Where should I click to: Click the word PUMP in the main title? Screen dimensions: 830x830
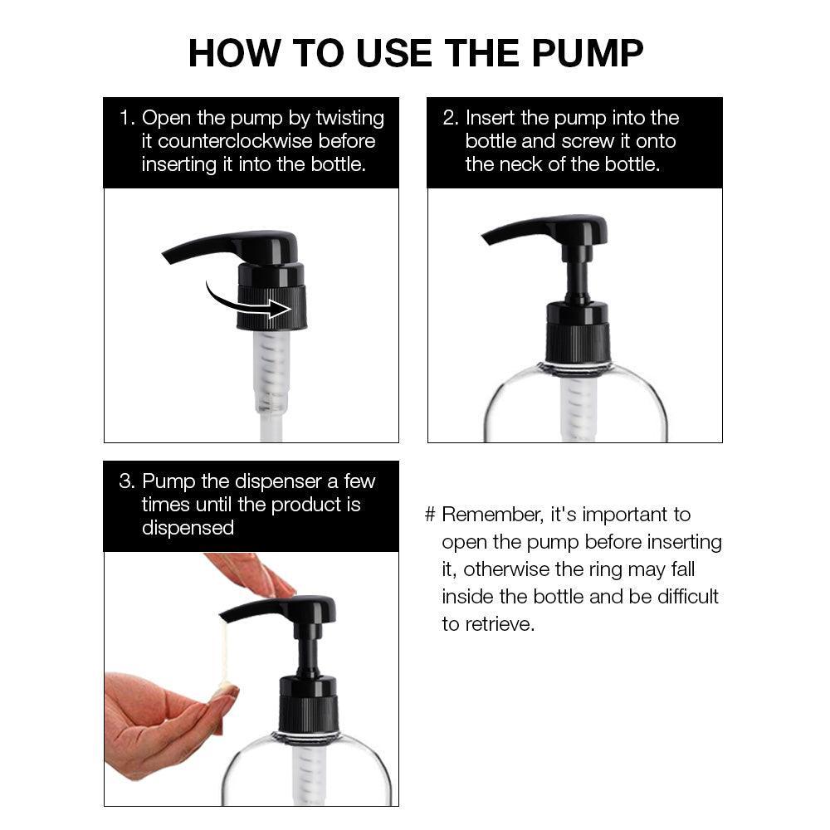pyautogui.click(x=587, y=53)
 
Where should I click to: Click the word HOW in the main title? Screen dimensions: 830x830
pyautogui.click(x=234, y=53)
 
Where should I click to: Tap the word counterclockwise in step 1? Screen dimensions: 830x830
pyautogui.click(x=236, y=141)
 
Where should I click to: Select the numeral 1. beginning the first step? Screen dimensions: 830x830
pyautogui.click(x=128, y=118)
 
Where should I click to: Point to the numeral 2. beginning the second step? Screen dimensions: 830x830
pyautogui.click(x=451, y=118)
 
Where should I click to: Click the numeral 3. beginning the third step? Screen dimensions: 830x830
pyautogui.click(x=128, y=481)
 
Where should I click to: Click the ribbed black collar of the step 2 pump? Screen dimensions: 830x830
pyautogui.click(x=578, y=333)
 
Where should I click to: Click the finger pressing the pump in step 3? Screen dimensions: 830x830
pyautogui.click(x=249, y=575)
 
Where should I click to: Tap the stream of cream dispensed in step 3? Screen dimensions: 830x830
pyautogui.click(x=224, y=657)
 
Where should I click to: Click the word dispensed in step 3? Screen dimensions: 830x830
pyautogui.click(x=188, y=528)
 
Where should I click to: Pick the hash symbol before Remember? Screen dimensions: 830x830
pyautogui.click(x=430, y=515)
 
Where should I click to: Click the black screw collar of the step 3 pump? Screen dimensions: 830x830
pyautogui.click(x=308, y=704)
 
